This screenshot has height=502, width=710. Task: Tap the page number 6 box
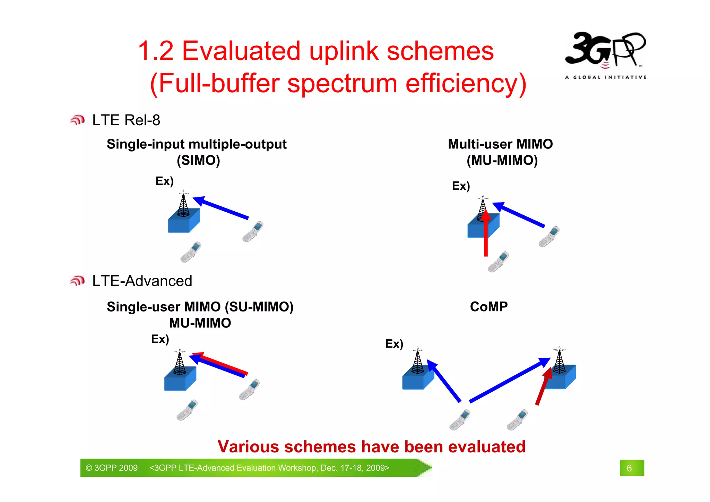coord(631,468)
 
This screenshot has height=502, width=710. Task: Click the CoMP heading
coord(488,307)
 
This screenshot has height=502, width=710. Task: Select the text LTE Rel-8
coord(126,120)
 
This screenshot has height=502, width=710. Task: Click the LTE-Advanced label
coord(142,281)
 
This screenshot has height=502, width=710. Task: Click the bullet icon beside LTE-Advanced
coord(77,281)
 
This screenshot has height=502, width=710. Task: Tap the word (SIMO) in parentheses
coord(198,160)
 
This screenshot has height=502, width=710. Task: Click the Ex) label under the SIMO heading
coord(164,181)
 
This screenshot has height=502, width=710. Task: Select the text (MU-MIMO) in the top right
coord(502,160)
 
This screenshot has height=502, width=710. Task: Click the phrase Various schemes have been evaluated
coord(371,446)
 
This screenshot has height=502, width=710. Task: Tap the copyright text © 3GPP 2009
coord(112,468)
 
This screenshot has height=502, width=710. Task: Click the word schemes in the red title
coord(440,51)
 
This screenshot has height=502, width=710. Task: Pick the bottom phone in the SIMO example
coord(191,252)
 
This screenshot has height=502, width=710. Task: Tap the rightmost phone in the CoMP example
coord(517,420)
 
